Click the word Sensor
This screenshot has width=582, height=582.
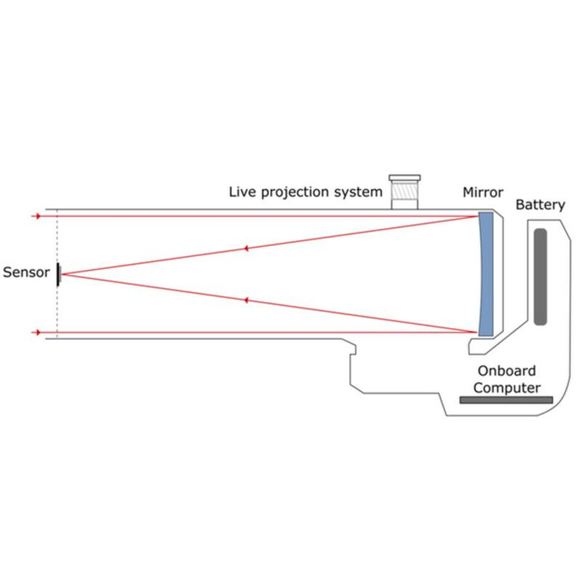[26, 273]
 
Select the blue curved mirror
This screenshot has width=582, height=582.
[486, 273]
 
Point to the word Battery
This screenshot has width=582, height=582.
[540, 205]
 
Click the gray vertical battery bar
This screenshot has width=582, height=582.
[540, 276]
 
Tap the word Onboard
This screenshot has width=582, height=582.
[506, 370]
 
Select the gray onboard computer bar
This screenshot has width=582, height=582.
[506, 399]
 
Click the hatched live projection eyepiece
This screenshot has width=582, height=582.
[405, 196]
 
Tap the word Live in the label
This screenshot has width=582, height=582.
[242, 193]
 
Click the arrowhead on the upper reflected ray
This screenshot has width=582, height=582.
[247, 249]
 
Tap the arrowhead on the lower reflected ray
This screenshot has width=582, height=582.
[247, 300]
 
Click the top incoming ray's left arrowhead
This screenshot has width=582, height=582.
[35, 216]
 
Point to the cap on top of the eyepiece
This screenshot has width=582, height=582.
[405, 178]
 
